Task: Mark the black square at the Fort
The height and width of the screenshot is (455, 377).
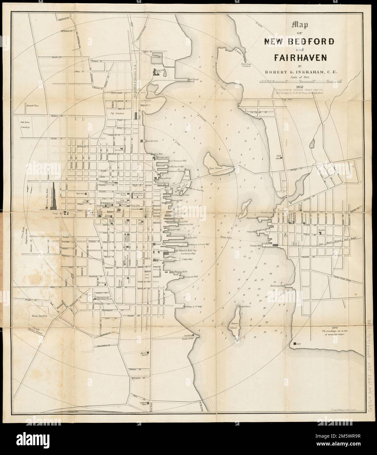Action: click(295, 343)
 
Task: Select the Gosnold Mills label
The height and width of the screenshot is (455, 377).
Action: click(152, 141)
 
